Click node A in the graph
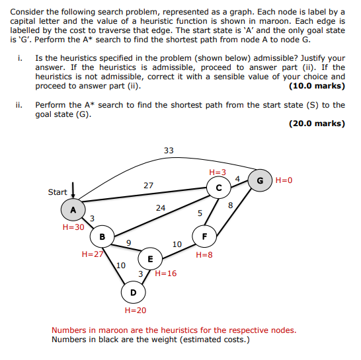(x=73, y=210)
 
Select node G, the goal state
(x=260, y=180)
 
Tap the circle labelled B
(x=102, y=236)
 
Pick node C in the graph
(x=219, y=188)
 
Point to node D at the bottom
(x=134, y=293)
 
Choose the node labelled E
(x=150, y=259)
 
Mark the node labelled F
(x=204, y=236)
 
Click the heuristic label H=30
(x=73, y=227)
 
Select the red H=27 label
(x=93, y=254)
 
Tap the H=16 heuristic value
(x=166, y=273)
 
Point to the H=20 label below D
(x=136, y=310)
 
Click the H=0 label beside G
(x=284, y=180)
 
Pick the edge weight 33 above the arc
(x=169, y=151)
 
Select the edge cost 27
(x=148, y=186)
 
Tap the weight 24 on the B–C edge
(x=161, y=208)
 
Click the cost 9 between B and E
(x=129, y=243)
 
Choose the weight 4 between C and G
(x=237, y=179)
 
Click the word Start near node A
(x=58, y=192)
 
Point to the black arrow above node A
(x=73, y=190)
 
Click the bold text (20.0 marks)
(x=317, y=124)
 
